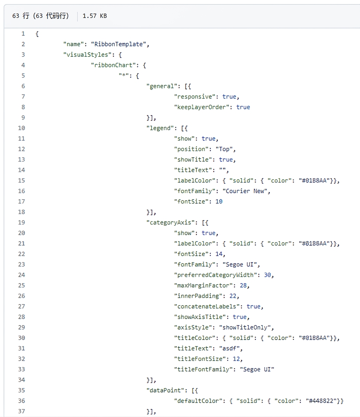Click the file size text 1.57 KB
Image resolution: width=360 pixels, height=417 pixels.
94,16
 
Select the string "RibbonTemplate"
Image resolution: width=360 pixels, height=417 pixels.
118,44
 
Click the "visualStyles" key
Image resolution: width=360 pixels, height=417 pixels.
87,55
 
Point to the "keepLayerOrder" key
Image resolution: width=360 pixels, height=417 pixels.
202,107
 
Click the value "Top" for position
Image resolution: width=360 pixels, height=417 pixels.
224,149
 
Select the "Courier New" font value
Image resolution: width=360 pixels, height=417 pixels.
245,191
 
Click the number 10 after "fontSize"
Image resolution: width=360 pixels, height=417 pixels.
219,202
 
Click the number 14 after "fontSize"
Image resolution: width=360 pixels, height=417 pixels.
219,254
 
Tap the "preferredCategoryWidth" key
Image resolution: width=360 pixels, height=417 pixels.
215,275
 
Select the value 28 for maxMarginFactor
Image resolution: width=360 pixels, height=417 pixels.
243,285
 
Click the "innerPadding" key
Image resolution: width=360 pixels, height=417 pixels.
198,296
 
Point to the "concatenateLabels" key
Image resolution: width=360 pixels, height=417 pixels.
207,306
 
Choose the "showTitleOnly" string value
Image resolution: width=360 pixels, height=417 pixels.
245,327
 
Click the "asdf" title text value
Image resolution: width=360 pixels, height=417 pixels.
229,349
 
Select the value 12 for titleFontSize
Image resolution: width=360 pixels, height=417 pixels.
236,359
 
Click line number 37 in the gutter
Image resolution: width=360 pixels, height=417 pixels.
22,411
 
